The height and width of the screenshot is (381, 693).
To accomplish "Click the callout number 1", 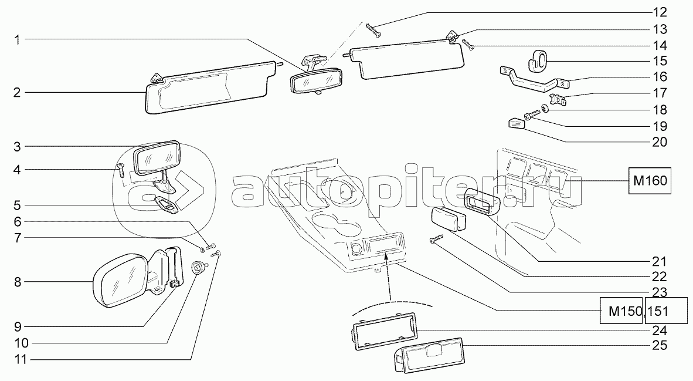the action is tap(17, 40).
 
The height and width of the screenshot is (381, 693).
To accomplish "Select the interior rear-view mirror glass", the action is tap(316, 80).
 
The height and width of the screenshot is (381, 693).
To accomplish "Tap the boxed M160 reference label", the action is tap(650, 181).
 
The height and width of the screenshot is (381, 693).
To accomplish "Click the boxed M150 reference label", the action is tap(621, 311).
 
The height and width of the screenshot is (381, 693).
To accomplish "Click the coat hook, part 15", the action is tap(538, 60).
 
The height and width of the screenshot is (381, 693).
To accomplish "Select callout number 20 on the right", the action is tap(660, 142).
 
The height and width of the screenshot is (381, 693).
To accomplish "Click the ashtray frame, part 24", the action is tap(383, 331).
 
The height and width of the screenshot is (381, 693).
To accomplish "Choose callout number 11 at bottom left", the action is tap(21, 359).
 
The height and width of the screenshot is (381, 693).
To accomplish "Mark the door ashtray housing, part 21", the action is tap(481, 202).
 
